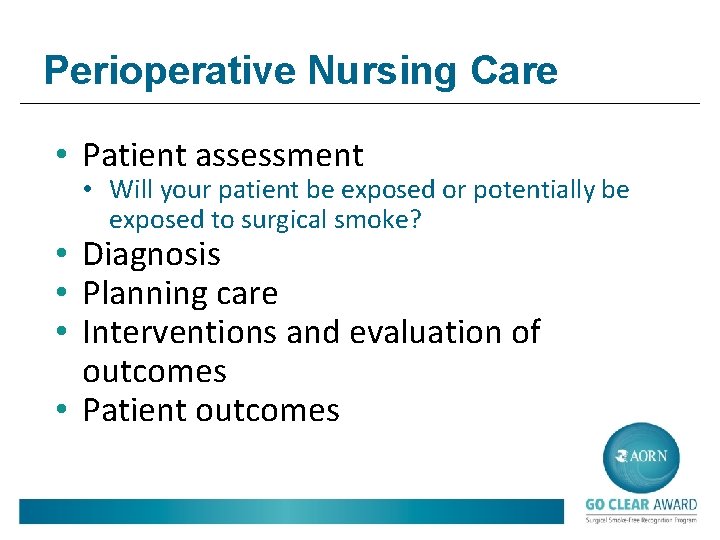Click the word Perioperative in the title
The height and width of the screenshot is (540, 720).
pos(170,71)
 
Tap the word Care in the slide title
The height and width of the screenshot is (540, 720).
pos(517,71)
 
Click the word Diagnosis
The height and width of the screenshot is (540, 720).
pos(151,254)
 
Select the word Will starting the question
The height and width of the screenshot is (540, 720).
pos(128,189)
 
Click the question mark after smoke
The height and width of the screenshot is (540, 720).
pos(415,219)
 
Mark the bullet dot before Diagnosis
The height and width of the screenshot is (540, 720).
pos(63,255)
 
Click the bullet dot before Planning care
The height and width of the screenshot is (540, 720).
pos(63,294)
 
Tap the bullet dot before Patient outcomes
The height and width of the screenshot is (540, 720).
pos(63,411)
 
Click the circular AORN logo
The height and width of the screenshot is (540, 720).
pos(641,457)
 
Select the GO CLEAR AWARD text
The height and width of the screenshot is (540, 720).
pos(641,505)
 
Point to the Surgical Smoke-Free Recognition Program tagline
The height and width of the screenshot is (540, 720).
pos(641,520)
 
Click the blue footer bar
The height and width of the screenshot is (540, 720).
pos(290,511)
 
